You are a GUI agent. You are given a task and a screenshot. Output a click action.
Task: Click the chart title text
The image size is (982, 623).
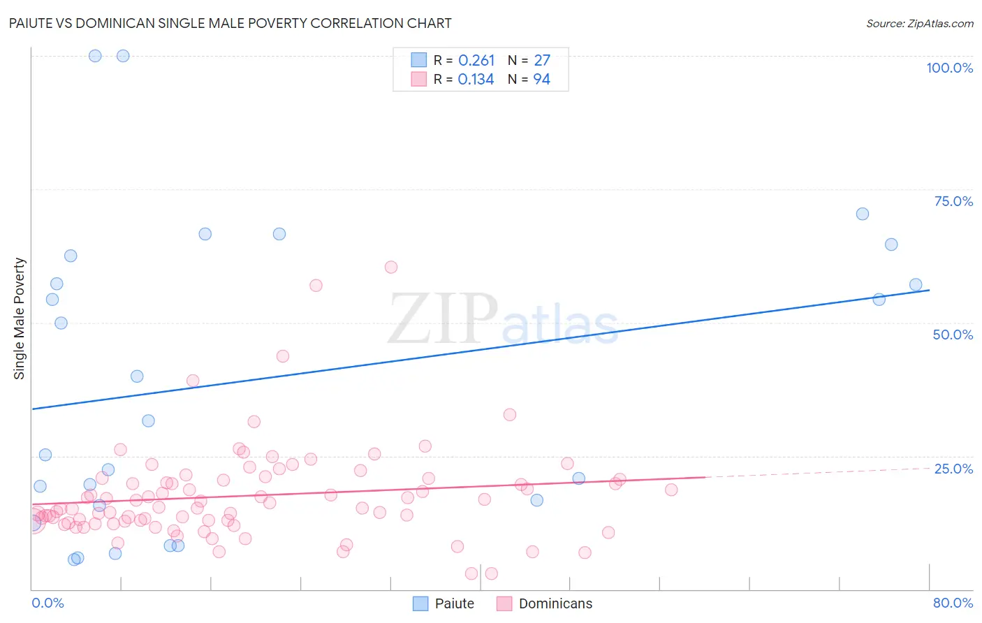[x=230, y=23]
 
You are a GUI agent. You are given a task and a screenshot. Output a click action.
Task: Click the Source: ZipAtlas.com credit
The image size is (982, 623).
[x=919, y=23]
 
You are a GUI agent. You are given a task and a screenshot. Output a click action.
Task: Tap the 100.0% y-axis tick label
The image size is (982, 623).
[x=949, y=68]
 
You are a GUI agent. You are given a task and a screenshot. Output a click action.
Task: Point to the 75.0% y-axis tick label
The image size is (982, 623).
[x=953, y=201]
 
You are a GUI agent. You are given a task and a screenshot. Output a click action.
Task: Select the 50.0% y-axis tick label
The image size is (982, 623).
[x=953, y=335]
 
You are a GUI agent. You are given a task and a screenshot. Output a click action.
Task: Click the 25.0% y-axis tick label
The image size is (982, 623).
[x=953, y=469]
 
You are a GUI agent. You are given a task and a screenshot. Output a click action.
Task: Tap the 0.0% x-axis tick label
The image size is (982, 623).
[x=47, y=603]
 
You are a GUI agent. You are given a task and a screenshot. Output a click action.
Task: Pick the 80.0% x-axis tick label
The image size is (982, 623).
[x=953, y=603]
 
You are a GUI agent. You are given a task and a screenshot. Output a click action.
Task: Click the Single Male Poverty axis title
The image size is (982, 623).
[x=20, y=318]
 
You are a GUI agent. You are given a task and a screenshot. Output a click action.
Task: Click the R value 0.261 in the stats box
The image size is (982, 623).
[x=476, y=61]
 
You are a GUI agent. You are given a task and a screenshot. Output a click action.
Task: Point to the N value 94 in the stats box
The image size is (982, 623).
[x=542, y=80]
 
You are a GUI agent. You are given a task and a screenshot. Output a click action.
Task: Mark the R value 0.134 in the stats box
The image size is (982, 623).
[x=476, y=80]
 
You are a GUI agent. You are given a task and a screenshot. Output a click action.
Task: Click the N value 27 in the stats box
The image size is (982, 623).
[x=542, y=61]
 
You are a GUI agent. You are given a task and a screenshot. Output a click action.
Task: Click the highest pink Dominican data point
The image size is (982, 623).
[x=391, y=267]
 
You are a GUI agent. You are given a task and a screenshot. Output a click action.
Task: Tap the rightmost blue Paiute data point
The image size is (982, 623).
[x=916, y=284]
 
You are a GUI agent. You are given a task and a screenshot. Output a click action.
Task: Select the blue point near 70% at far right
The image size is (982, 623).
[x=863, y=214]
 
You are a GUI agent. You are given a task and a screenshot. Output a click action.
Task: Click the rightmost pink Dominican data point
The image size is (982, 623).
[x=671, y=490]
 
